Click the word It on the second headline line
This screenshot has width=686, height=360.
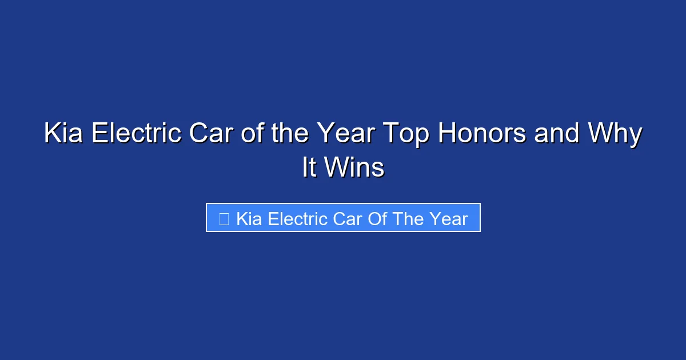coord(309,167)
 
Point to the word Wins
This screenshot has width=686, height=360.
coord(353,167)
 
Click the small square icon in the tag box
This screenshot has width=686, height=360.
coord(224,219)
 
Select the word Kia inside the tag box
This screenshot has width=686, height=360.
coord(249,219)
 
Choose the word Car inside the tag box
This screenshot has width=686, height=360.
coord(345,219)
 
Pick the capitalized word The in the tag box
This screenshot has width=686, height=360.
coord(409,219)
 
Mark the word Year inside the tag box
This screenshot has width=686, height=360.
coord(450,219)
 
